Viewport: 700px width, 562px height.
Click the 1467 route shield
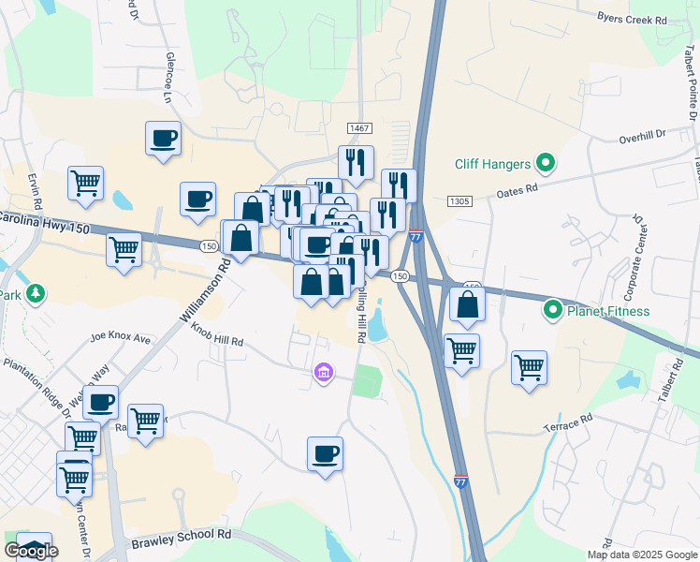pyautogui.click(x=359, y=127)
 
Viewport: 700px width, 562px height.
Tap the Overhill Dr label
pyautogui.click(x=641, y=137)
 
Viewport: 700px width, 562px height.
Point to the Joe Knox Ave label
pyautogui.click(x=121, y=337)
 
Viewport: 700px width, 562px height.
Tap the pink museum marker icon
pyautogui.click(x=324, y=375)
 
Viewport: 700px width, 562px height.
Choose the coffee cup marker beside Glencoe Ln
pyautogui.click(x=163, y=139)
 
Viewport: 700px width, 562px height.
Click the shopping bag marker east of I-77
pyautogui.click(x=467, y=304)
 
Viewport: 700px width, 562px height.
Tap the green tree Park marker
pyautogui.click(x=36, y=293)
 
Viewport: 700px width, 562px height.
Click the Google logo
pyautogui.click(x=31, y=551)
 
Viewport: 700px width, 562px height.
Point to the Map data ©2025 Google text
pyautogui.click(x=643, y=555)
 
